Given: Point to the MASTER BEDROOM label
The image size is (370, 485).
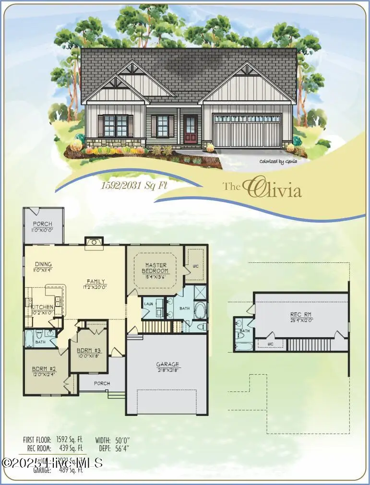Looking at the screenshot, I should point(156,268).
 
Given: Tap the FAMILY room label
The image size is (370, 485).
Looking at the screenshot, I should point(95,282).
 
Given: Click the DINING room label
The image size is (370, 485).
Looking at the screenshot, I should point(43,264).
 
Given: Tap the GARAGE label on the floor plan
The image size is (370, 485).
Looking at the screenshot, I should point(167,364).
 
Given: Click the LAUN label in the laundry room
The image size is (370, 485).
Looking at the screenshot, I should point(148,304).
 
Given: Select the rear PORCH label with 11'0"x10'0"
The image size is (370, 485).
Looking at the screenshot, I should point(43,224).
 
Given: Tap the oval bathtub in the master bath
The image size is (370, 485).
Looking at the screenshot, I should point(199,311).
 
